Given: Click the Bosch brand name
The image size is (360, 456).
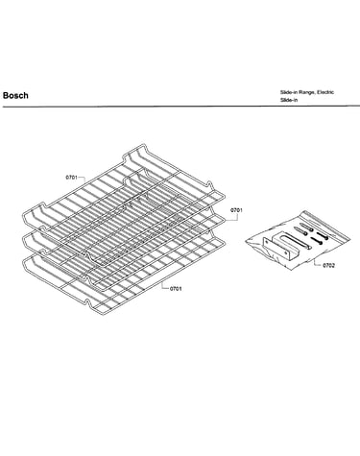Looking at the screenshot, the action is [15, 95].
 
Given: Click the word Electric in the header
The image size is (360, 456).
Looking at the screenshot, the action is [325, 92].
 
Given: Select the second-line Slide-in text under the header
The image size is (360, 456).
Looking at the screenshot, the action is [289, 100].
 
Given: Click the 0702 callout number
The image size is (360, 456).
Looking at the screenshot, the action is [328, 265].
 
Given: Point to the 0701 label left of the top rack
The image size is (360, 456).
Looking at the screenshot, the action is [72, 177].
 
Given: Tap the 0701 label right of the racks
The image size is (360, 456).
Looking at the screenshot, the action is [236, 210].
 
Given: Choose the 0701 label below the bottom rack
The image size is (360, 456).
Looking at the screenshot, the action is [176, 289].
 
